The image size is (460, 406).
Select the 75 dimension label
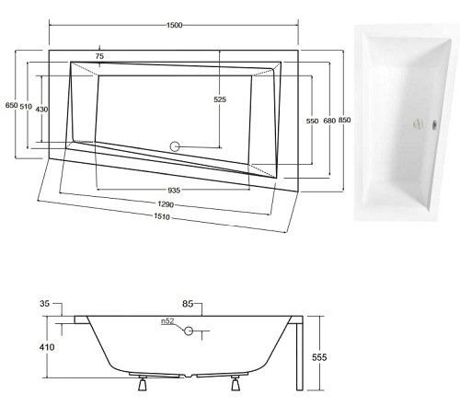pos(99,57)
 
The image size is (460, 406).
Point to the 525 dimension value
pos(220,99)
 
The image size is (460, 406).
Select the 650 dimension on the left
pos(11,107)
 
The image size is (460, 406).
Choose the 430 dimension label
pos(42,110)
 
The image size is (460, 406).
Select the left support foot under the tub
pos(143,384)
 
